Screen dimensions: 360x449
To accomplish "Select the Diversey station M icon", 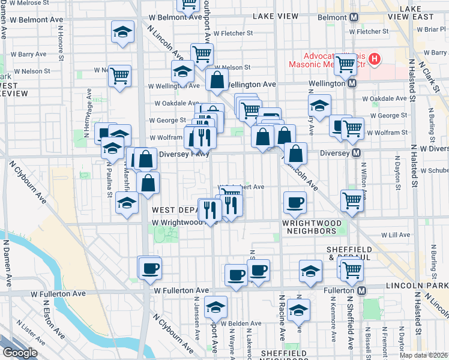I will coord(357,153).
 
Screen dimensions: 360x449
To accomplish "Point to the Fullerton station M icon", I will coord(361,290).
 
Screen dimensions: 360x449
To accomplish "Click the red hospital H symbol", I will coord(375,59).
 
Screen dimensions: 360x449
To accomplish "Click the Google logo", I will coord(20,353).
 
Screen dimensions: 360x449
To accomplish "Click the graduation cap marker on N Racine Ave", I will coord(298,310).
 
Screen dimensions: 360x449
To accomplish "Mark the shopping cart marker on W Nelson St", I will coord(120,76).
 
